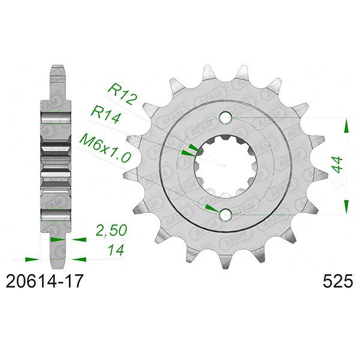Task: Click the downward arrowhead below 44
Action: (346, 206)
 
